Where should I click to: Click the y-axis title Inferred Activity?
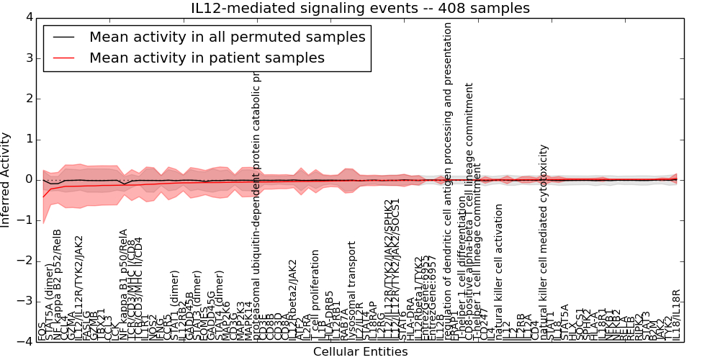click(6, 179)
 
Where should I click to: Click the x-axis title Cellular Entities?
click(360, 352)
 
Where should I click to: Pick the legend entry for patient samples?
click(207, 58)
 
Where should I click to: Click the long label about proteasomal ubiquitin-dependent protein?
click(256, 194)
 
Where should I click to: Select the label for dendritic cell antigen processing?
click(447, 180)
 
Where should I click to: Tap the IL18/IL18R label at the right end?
click(675, 315)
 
